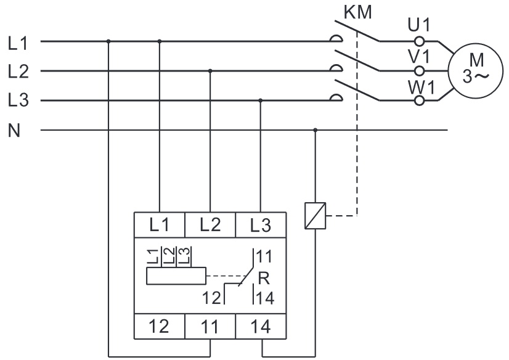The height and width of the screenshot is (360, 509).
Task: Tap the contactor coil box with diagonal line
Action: click(316, 217)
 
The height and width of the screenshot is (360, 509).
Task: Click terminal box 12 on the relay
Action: click(160, 326)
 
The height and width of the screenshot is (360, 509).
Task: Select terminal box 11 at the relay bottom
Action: click(210, 326)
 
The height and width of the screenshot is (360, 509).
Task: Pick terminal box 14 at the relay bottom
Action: click(261, 326)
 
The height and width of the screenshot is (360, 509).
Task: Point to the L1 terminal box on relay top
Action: click(160, 224)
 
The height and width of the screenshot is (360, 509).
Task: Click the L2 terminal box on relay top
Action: click(210, 224)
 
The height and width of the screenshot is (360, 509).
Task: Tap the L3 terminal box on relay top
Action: click(261, 224)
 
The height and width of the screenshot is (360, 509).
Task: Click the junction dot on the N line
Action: click(316, 130)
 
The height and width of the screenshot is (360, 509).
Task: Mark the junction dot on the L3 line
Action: click(261, 100)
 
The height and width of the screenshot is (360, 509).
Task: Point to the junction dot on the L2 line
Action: click(211, 71)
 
